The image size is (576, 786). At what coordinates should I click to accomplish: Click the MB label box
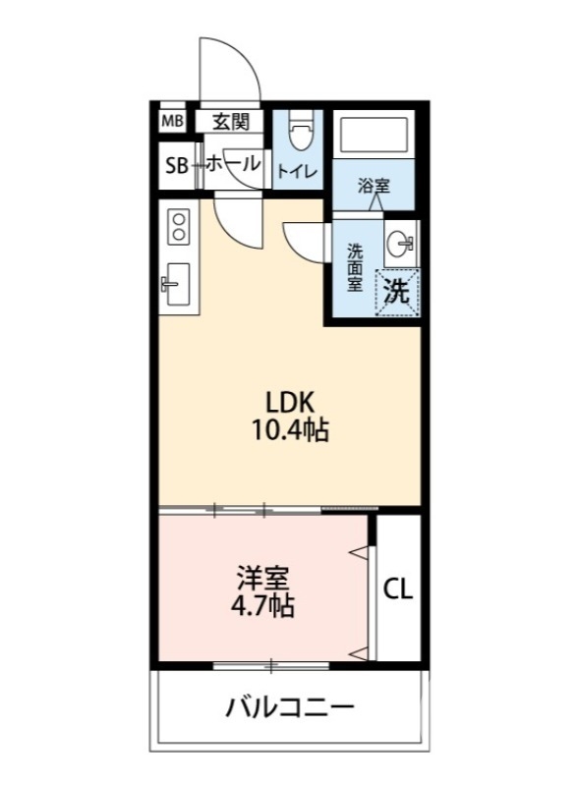click(x=172, y=122)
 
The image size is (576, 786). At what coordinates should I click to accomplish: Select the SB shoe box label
click(x=176, y=166)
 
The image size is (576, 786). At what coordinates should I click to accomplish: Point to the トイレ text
click(x=296, y=171)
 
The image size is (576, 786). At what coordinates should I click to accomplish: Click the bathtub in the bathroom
click(x=371, y=135)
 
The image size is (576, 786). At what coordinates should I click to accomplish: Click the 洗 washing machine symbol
click(x=396, y=291)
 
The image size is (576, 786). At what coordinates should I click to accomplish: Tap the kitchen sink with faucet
click(x=177, y=285)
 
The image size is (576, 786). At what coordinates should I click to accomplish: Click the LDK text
click(x=289, y=403)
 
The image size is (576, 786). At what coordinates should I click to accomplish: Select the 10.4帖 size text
click(x=289, y=429)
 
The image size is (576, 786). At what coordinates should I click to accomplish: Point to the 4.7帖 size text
click(x=262, y=605)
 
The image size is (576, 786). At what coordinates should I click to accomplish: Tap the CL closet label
click(x=398, y=589)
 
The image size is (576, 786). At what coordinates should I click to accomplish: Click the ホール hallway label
click(x=234, y=164)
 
